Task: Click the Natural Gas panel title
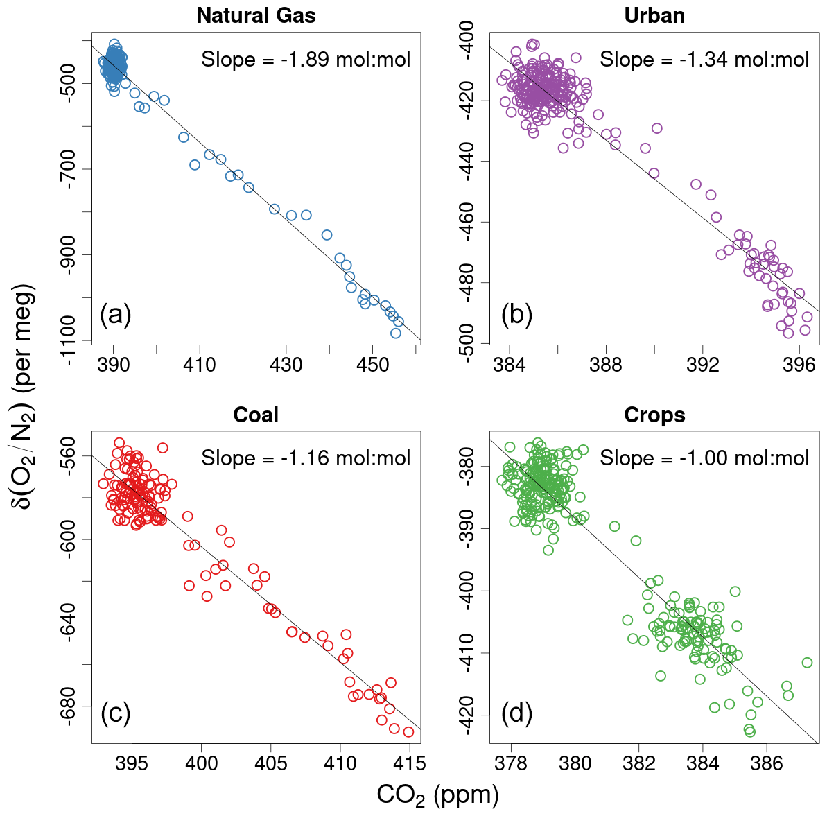pyautogui.click(x=256, y=15)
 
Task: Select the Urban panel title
pyautogui.click(x=654, y=15)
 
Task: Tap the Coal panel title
pyautogui.click(x=256, y=415)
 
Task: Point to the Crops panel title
pyautogui.click(x=654, y=415)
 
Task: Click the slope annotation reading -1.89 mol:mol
pyautogui.click(x=306, y=60)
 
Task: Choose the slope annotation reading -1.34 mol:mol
pyautogui.click(x=704, y=60)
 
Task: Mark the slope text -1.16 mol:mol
pyautogui.click(x=306, y=458)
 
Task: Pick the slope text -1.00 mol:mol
pyautogui.click(x=704, y=458)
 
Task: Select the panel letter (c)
pyautogui.click(x=115, y=713)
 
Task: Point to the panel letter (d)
pyautogui.click(x=516, y=713)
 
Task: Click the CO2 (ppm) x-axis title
pyautogui.click(x=437, y=795)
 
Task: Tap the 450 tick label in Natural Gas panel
pyautogui.click(x=372, y=365)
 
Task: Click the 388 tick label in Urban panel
pyautogui.click(x=606, y=365)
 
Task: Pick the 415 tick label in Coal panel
pyautogui.click(x=409, y=764)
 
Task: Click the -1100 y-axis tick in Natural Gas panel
pyautogui.click(x=70, y=340)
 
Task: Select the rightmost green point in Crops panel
pyautogui.click(x=807, y=663)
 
